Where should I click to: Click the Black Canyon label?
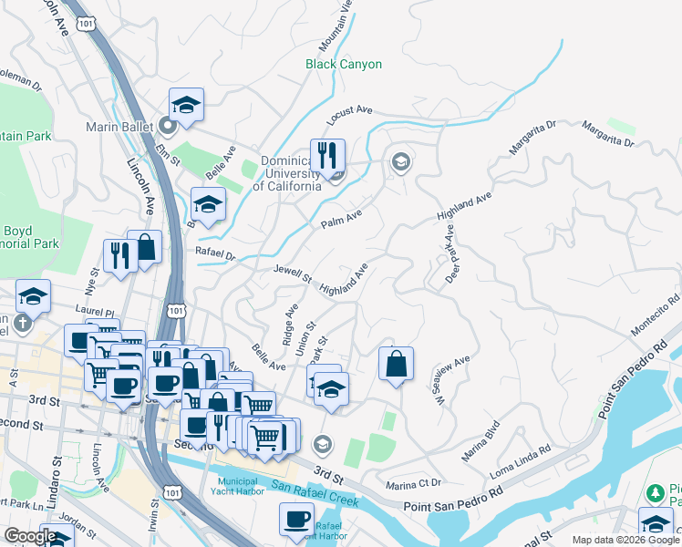point(344,65)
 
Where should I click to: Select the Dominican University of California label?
point(287,173)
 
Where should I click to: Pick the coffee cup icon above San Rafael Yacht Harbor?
point(295,519)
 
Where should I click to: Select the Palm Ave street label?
point(341,218)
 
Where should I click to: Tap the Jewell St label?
point(293,272)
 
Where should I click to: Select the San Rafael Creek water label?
point(317,492)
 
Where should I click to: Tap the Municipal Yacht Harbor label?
point(249,487)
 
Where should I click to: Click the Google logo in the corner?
point(30,536)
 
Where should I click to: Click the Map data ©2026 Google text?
point(625,540)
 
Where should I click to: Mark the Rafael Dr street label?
point(215,253)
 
